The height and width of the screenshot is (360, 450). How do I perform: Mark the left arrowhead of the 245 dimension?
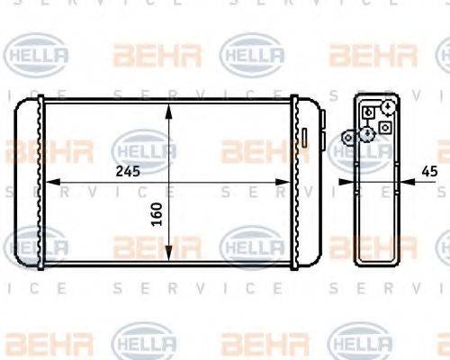tap(50, 182)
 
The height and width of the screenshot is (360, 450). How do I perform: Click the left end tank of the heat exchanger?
tap(29, 184)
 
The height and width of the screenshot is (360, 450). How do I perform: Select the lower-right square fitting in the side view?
tap(385, 128)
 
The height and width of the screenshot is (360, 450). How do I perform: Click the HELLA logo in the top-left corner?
tap(37, 56)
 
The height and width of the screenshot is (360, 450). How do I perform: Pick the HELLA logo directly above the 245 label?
tap(144, 146)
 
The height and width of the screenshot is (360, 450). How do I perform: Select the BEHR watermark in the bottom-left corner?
tap(37, 343)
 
